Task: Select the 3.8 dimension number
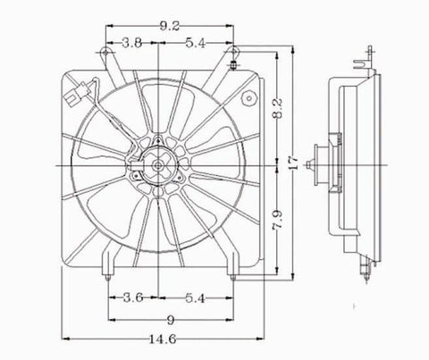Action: pyautogui.click(x=130, y=41)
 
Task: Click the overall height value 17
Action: pyautogui.click(x=293, y=166)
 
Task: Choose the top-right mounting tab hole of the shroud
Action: pyautogui.click(x=234, y=62)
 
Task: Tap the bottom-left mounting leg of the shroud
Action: pyautogui.click(x=109, y=269)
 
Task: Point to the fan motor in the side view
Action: pyautogui.click(x=322, y=165)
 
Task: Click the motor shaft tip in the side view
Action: pyautogui.click(x=307, y=166)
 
